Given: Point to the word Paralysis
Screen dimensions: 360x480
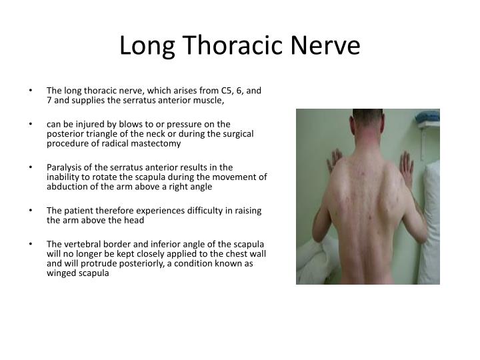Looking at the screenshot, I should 65,167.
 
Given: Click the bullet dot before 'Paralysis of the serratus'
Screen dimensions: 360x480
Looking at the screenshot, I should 32,167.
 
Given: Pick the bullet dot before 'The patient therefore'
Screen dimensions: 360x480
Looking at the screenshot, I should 32,211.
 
